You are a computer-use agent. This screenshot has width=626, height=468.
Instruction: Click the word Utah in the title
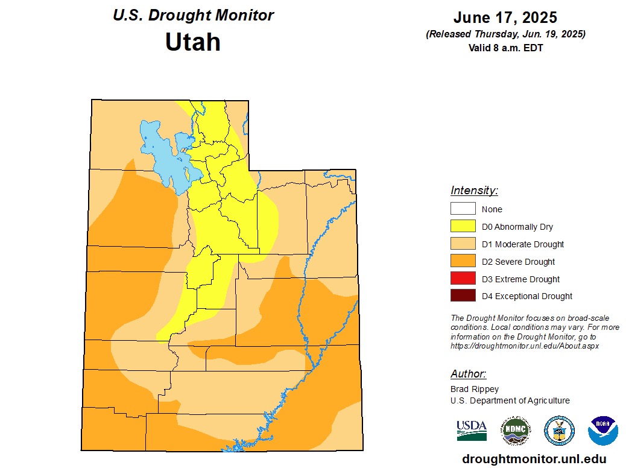click(x=193, y=42)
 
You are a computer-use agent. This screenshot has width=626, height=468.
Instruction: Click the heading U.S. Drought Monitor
click(x=193, y=15)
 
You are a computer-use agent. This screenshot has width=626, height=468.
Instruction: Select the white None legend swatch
click(x=463, y=209)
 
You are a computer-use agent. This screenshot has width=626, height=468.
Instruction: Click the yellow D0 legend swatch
click(x=463, y=227)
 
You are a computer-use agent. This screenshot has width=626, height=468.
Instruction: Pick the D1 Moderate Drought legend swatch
click(x=463, y=244)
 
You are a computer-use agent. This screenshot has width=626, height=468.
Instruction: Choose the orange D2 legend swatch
click(x=463, y=262)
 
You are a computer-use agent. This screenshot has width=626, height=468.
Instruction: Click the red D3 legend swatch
click(x=463, y=279)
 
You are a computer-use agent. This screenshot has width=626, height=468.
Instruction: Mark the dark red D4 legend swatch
click(x=463, y=296)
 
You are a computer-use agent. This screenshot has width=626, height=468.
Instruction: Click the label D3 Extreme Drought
click(x=520, y=279)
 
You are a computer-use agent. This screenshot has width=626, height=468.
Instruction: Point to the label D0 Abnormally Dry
click(x=517, y=227)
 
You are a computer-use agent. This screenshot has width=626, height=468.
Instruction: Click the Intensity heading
click(x=474, y=191)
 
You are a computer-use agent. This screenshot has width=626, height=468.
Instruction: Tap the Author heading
click(x=468, y=374)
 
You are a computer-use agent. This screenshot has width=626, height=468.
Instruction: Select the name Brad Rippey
click(x=475, y=389)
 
